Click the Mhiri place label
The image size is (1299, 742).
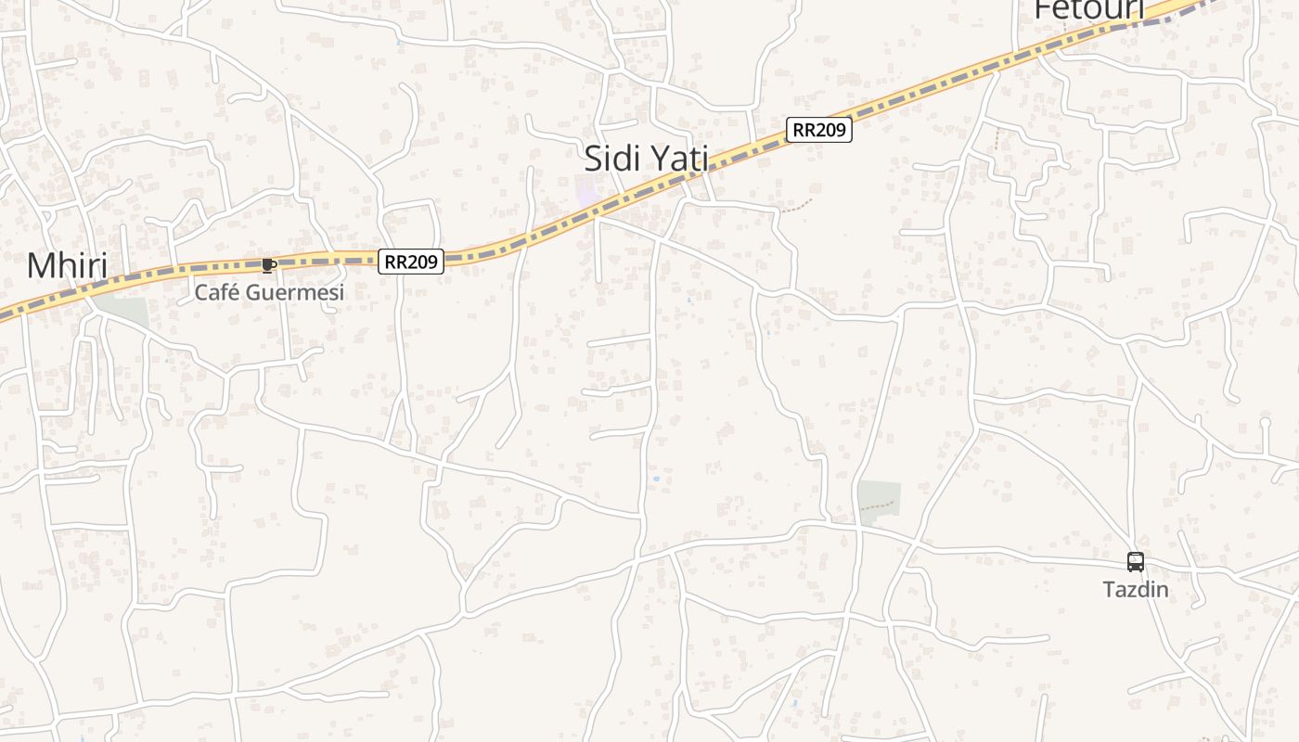(x=67, y=265)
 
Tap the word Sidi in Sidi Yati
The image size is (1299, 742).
(x=612, y=159)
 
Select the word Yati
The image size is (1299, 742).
(x=677, y=159)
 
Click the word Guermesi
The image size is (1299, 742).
(x=298, y=292)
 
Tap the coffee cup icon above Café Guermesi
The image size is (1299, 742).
(x=268, y=265)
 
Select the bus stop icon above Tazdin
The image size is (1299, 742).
(x=1135, y=561)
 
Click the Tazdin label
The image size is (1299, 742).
(x=1135, y=589)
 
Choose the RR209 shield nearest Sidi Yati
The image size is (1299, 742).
(x=819, y=130)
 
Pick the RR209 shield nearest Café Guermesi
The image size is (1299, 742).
(x=411, y=262)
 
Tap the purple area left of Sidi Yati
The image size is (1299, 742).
(x=587, y=195)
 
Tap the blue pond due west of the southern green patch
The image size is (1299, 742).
(x=656, y=479)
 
